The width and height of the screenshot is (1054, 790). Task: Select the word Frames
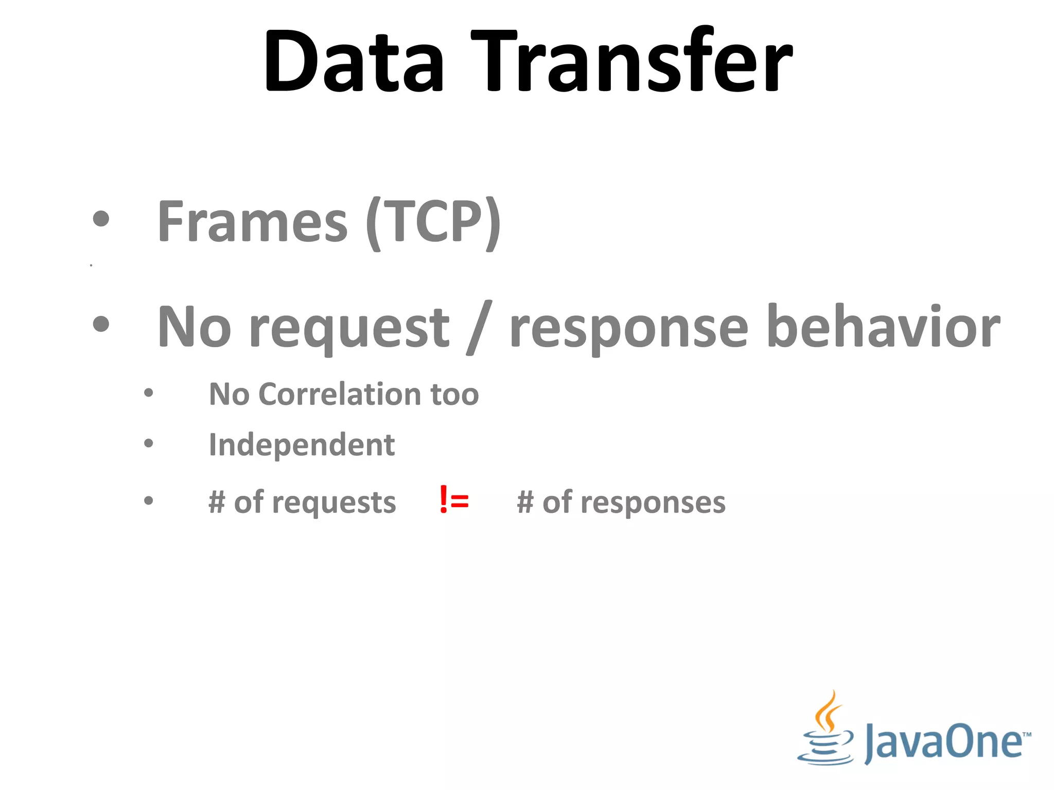pyautogui.click(x=253, y=222)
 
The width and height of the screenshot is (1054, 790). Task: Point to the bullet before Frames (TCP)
pyautogui.click(x=101, y=219)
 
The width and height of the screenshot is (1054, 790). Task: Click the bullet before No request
pyautogui.click(x=101, y=324)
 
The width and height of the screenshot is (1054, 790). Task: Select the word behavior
pyautogui.click(x=883, y=327)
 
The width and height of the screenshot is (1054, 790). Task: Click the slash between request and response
pyautogui.click(x=479, y=328)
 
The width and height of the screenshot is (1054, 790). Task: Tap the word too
pyautogui.click(x=454, y=394)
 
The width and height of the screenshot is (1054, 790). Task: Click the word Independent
pyautogui.click(x=302, y=444)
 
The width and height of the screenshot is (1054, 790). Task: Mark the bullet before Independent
pyautogui.click(x=149, y=443)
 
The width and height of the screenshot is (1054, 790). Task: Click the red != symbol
pyautogui.click(x=454, y=500)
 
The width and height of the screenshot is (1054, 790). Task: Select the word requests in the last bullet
pyautogui.click(x=334, y=502)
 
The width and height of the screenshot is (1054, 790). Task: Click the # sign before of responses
pyautogui.click(x=525, y=502)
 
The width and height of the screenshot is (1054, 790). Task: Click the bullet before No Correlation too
pyautogui.click(x=149, y=393)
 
